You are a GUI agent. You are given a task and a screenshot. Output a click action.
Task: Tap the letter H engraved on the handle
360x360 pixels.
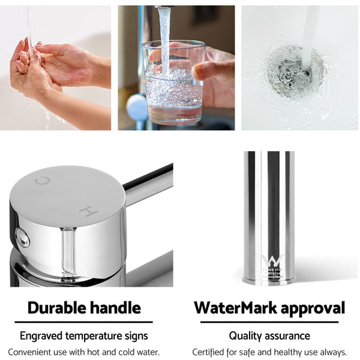(88, 211)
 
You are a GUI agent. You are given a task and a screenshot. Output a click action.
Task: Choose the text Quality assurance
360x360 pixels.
(269, 336)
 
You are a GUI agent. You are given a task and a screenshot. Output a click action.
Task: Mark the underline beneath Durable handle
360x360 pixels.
(84, 322)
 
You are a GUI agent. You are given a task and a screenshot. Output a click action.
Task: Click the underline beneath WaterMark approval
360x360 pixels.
(269, 322)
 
